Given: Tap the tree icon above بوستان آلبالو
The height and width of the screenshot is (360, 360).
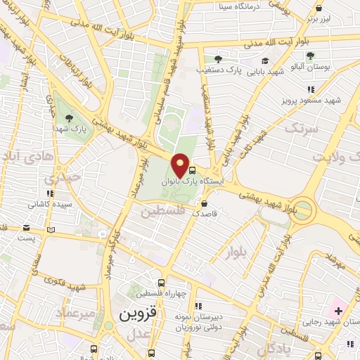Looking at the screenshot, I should tap(310, 56).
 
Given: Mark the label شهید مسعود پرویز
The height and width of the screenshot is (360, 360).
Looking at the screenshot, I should tap(312, 100).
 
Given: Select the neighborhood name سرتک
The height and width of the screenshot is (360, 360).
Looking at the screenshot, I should tap(300, 129).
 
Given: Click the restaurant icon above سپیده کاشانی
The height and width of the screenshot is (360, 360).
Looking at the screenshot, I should tap(49, 193).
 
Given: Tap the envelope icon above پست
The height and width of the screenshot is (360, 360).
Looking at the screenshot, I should tap(27, 228).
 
